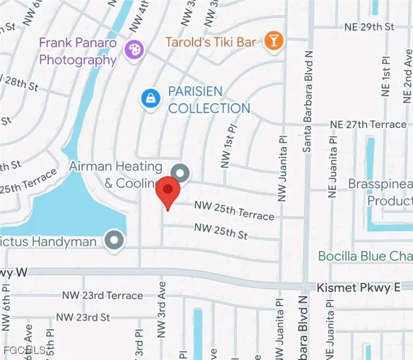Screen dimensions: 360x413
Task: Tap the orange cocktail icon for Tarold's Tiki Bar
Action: coord(272,41)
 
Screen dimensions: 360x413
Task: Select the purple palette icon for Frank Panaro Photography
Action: coord(134,48)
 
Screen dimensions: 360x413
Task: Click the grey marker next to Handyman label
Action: coord(114,240)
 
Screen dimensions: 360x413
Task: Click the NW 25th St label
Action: coord(220,231)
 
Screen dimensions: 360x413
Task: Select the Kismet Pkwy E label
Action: coord(359,287)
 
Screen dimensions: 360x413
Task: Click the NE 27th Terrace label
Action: coord(368,124)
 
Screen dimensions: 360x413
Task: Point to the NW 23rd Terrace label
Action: coord(103,295)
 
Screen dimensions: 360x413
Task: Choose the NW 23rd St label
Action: coord(83,317)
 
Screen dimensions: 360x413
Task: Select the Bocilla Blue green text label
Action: coord(365,256)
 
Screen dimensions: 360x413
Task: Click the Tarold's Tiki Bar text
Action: coord(211,42)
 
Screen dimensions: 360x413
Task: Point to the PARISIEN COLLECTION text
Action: coord(209,100)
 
